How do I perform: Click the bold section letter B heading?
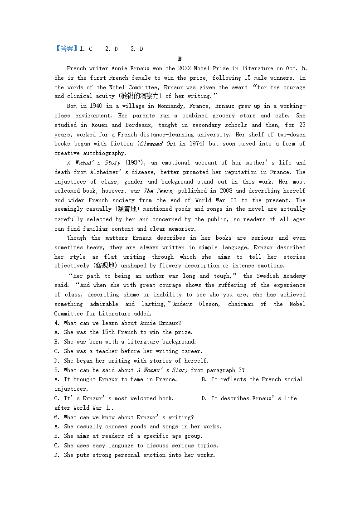tap(180, 59)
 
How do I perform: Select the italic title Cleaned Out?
tap(158, 144)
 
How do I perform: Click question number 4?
tap(57, 323)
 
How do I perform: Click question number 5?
tap(57, 370)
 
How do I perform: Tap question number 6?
tap(57, 417)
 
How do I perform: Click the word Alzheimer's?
tap(109, 172)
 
